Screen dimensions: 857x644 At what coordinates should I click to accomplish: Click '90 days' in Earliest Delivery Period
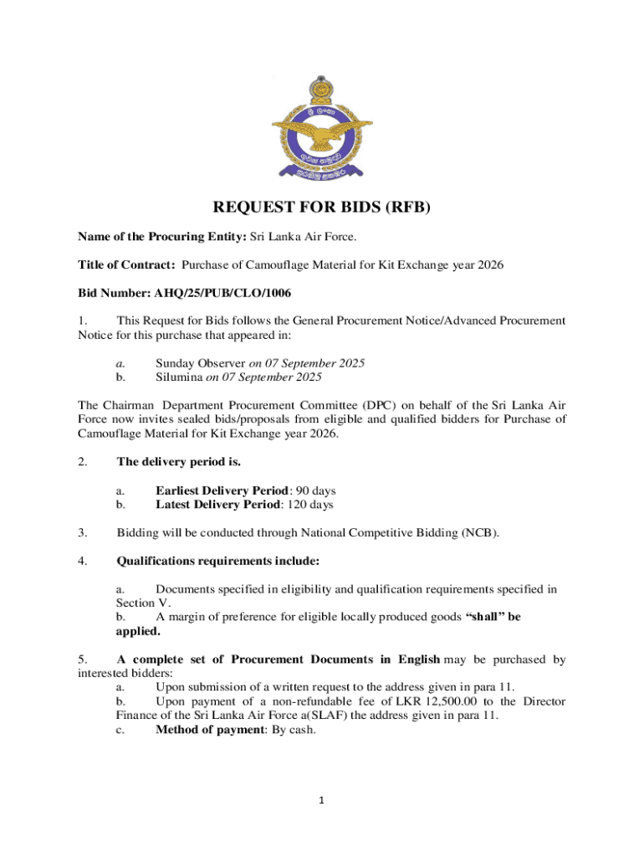(x=314, y=490)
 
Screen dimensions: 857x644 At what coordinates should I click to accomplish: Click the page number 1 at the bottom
(x=322, y=800)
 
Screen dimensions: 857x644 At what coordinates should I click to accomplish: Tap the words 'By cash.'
(x=294, y=729)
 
